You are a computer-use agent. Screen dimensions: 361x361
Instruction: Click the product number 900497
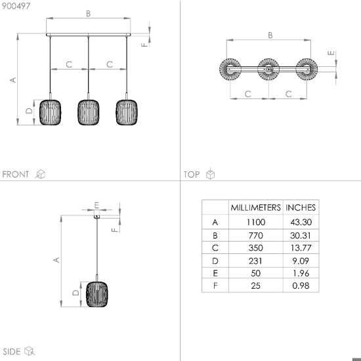(x=16, y=6)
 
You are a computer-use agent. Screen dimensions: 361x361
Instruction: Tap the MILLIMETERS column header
(x=255, y=207)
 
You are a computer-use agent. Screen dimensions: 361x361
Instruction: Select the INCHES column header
(x=301, y=207)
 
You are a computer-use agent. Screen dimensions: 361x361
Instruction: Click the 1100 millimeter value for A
(x=256, y=222)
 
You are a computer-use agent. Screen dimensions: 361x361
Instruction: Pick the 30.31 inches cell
(x=301, y=236)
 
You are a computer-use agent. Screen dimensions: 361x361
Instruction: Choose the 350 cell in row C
(x=255, y=248)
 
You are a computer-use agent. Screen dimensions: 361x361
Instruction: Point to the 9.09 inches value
(x=301, y=261)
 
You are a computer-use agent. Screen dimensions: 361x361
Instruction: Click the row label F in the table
(x=215, y=286)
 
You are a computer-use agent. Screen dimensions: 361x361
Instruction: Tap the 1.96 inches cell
(x=301, y=273)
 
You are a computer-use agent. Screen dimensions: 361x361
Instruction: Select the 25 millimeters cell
(x=255, y=286)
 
